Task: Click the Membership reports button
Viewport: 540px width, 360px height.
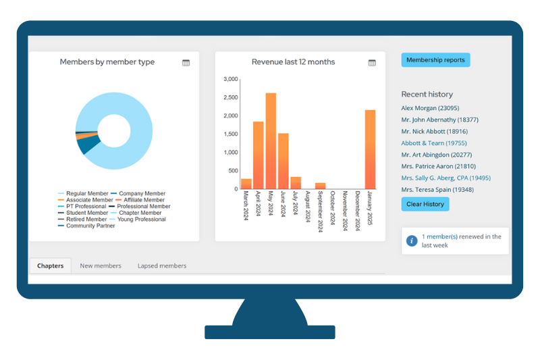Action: [x=435, y=60]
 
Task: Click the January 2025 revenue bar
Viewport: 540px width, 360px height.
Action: [x=370, y=149]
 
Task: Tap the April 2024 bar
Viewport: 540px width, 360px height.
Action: [x=258, y=155]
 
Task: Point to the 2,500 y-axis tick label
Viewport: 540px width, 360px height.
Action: [x=230, y=97]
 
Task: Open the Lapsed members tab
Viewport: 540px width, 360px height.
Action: [x=162, y=266]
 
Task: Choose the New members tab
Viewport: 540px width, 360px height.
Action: [x=101, y=266]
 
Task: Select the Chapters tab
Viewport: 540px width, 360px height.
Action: [x=51, y=266]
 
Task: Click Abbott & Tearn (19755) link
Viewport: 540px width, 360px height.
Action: [x=433, y=143]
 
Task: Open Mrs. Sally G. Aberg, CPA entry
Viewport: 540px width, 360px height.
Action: [x=446, y=178]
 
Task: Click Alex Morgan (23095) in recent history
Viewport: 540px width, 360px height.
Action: [x=430, y=108]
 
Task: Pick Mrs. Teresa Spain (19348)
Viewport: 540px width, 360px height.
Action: [x=437, y=190]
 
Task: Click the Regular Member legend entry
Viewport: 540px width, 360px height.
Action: [x=86, y=194]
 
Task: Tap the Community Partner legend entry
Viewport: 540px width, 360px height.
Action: [x=90, y=226]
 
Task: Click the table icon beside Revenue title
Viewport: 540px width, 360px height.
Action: [x=372, y=63]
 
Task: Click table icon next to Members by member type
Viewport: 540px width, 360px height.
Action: [x=186, y=63]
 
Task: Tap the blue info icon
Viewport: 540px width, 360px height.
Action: [x=411, y=240]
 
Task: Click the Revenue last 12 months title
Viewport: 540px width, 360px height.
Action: [x=293, y=62]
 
